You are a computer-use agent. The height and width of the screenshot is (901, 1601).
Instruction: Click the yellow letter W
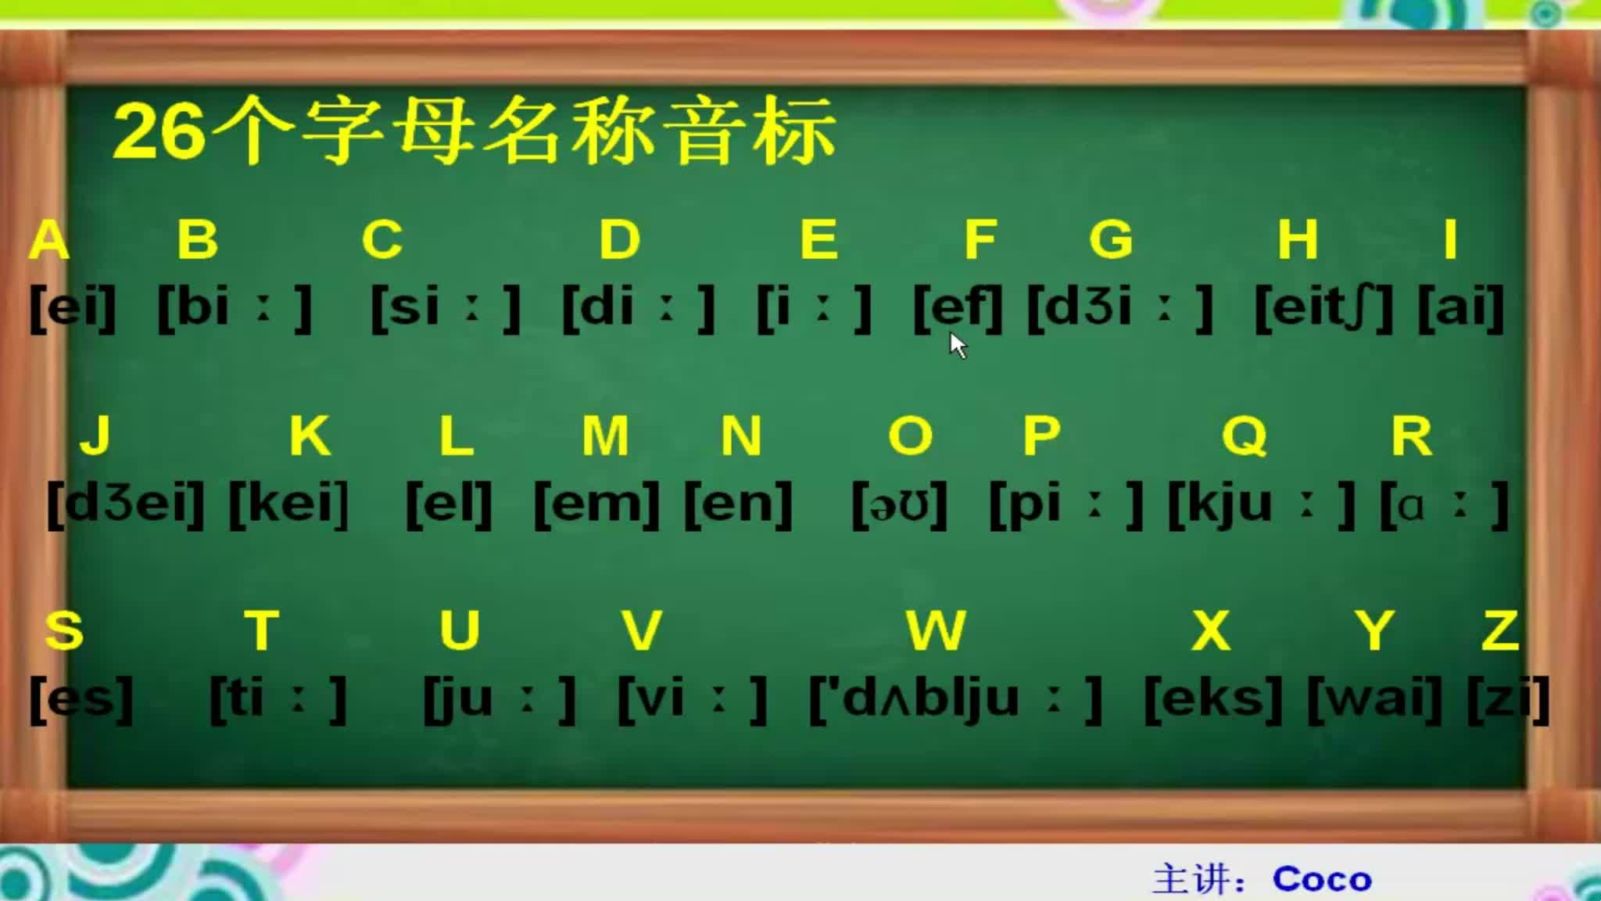click(x=936, y=630)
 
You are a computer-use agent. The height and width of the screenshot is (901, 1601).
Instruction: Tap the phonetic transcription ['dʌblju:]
click(x=955, y=698)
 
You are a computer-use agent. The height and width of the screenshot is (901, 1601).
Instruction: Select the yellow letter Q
click(x=1244, y=436)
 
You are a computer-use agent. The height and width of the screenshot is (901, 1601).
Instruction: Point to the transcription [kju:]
click(x=1261, y=504)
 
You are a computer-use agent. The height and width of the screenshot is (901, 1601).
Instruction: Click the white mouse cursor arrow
click(x=958, y=345)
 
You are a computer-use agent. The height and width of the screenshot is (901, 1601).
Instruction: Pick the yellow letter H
click(x=1298, y=239)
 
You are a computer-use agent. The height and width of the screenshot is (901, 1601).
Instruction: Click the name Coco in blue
click(x=1322, y=879)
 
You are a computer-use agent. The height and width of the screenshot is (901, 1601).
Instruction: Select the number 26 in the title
click(x=159, y=132)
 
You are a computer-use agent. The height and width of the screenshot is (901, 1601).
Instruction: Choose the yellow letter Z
click(x=1500, y=630)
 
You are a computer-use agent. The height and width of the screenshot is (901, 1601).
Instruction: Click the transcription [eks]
click(x=1213, y=698)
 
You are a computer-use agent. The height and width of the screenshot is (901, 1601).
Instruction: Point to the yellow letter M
click(x=605, y=436)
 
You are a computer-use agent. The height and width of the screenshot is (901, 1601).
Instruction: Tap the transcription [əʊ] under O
click(x=899, y=504)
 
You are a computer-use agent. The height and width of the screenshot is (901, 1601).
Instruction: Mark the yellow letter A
click(x=48, y=239)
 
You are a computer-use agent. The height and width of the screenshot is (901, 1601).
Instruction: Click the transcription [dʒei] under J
click(x=126, y=504)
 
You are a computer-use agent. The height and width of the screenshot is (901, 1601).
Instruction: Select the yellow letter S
click(x=64, y=630)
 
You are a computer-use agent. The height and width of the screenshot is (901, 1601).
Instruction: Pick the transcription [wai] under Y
click(x=1375, y=698)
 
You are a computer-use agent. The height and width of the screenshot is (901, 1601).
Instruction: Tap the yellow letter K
click(x=310, y=436)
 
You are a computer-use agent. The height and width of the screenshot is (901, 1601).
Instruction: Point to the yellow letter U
click(x=459, y=630)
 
